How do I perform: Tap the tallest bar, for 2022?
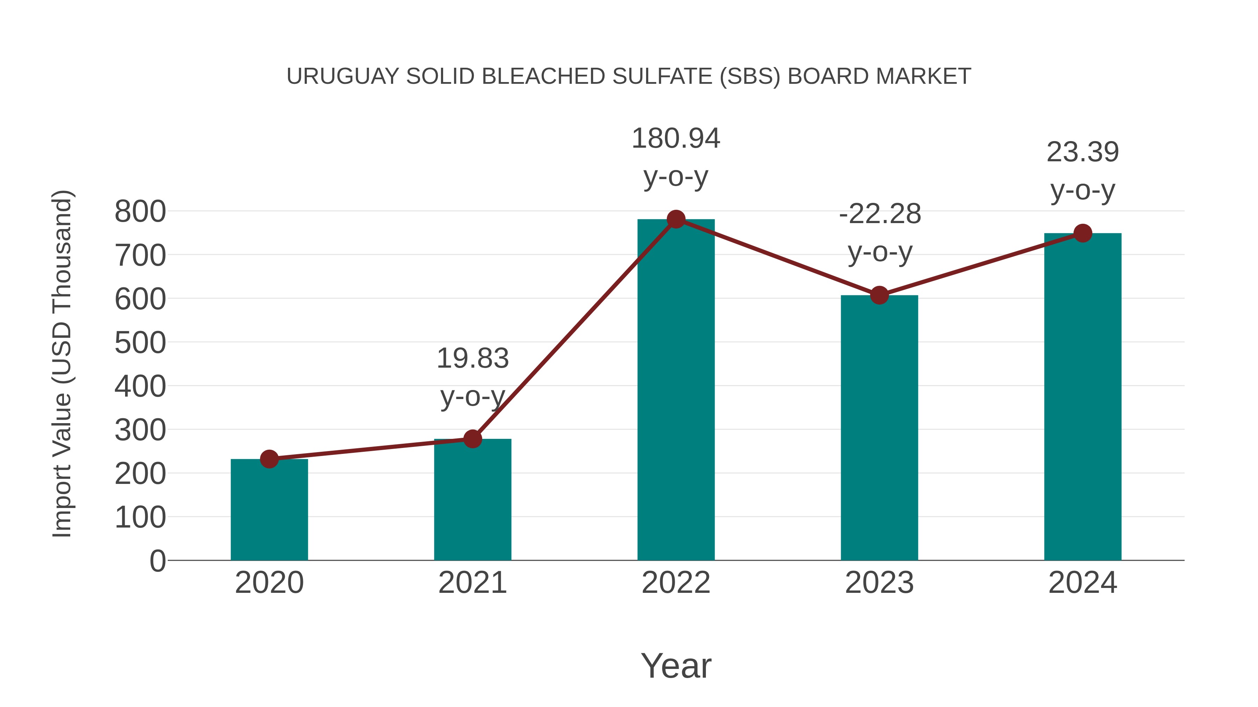(676, 390)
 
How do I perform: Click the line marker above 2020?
(269, 459)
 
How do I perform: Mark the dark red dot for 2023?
(879, 295)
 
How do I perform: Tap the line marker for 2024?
(1083, 233)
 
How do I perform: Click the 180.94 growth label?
(676, 139)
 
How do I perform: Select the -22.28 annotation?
(880, 214)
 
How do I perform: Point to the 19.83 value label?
(472, 359)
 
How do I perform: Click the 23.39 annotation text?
(1083, 152)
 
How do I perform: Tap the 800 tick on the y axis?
(140, 212)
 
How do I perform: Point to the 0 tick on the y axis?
(157, 561)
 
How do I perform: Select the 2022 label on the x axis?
(676, 583)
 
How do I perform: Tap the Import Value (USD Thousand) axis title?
(62, 363)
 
